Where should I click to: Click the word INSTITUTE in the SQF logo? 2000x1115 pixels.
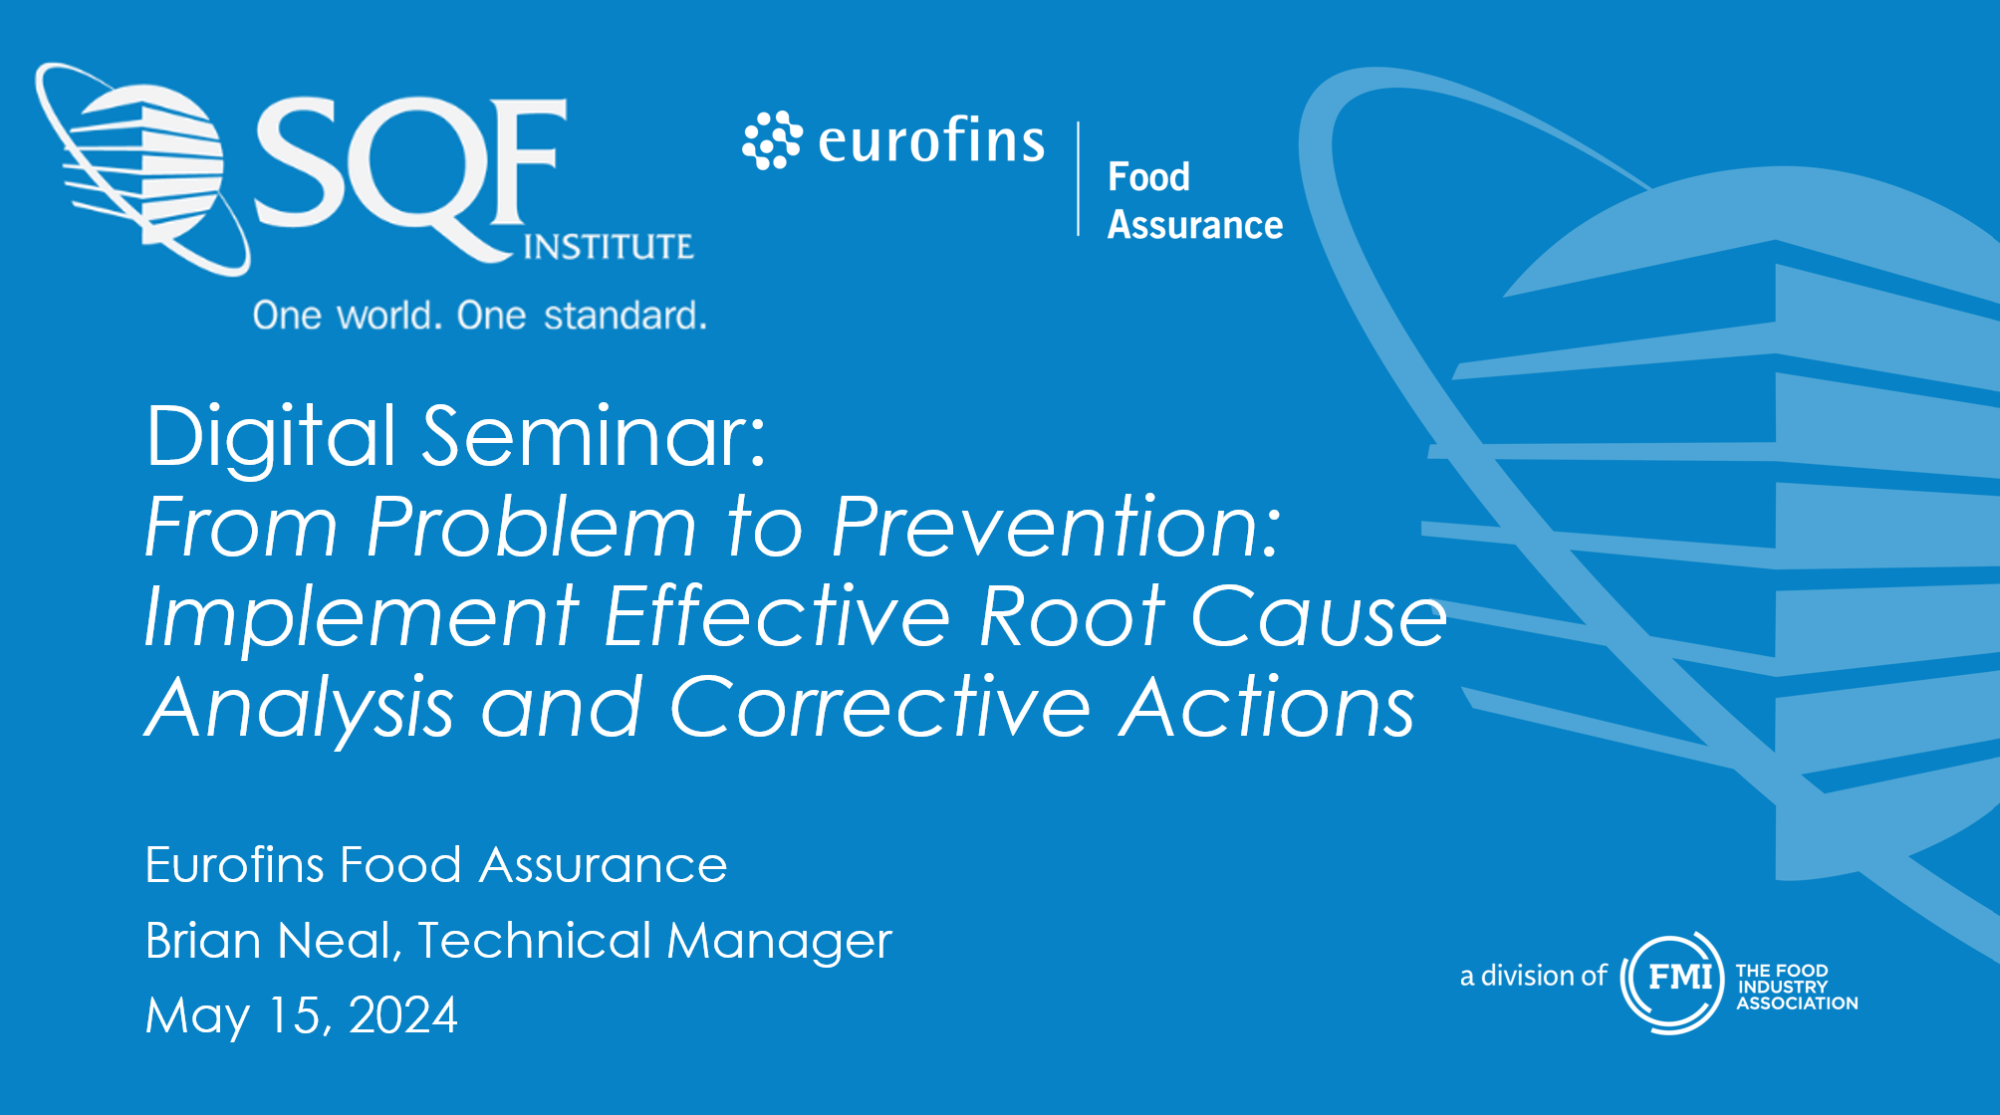(x=608, y=246)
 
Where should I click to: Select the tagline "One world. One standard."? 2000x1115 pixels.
(x=479, y=316)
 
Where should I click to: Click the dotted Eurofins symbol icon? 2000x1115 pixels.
(x=772, y=140)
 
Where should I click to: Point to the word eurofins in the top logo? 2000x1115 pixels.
(x=931, y=139)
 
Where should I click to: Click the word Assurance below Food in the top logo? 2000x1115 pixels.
(x=1195, y=225)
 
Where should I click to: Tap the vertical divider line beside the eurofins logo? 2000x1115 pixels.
(x=1078, y=179)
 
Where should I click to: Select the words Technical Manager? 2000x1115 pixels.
(x=654, y=942)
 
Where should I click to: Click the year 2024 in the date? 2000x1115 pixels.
(x=402, y=1015)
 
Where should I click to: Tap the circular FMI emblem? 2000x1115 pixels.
(x=1672, y=982)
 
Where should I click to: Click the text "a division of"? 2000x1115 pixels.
(x=1533, y=976)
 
